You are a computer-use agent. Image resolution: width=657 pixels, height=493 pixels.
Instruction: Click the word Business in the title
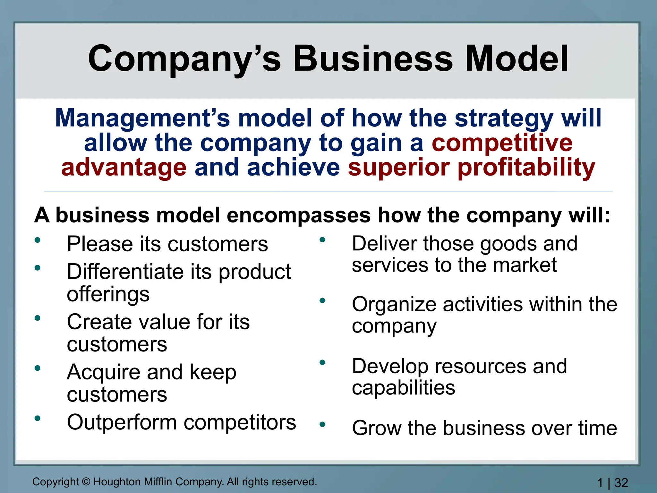pos(373,59)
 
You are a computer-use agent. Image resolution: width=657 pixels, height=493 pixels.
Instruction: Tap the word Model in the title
pos(516,59)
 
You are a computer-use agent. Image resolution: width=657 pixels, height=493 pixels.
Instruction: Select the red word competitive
pos(502,143)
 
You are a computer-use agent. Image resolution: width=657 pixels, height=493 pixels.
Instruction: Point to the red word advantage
pos(124,168)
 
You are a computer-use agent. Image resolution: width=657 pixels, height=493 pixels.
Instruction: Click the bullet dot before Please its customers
pos(38,240)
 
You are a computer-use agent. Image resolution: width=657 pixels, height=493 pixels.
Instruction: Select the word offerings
pos(108,294)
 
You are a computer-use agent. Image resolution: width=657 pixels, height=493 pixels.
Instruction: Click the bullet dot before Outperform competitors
pos(38,418)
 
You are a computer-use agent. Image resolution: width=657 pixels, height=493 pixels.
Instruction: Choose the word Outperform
pos(122,422)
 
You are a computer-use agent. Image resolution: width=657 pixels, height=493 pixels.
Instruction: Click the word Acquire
pos(104,372)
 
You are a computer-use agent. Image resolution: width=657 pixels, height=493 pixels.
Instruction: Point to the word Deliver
pos(385,244)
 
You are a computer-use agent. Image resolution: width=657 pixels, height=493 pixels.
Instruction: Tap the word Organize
pos(394,305)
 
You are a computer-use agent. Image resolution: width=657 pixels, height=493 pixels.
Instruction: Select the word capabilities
pos(403,388)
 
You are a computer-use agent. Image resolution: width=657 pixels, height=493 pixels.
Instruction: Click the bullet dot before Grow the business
pos(322,424)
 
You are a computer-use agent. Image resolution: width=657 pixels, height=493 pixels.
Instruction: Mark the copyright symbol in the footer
pos(86,482)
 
